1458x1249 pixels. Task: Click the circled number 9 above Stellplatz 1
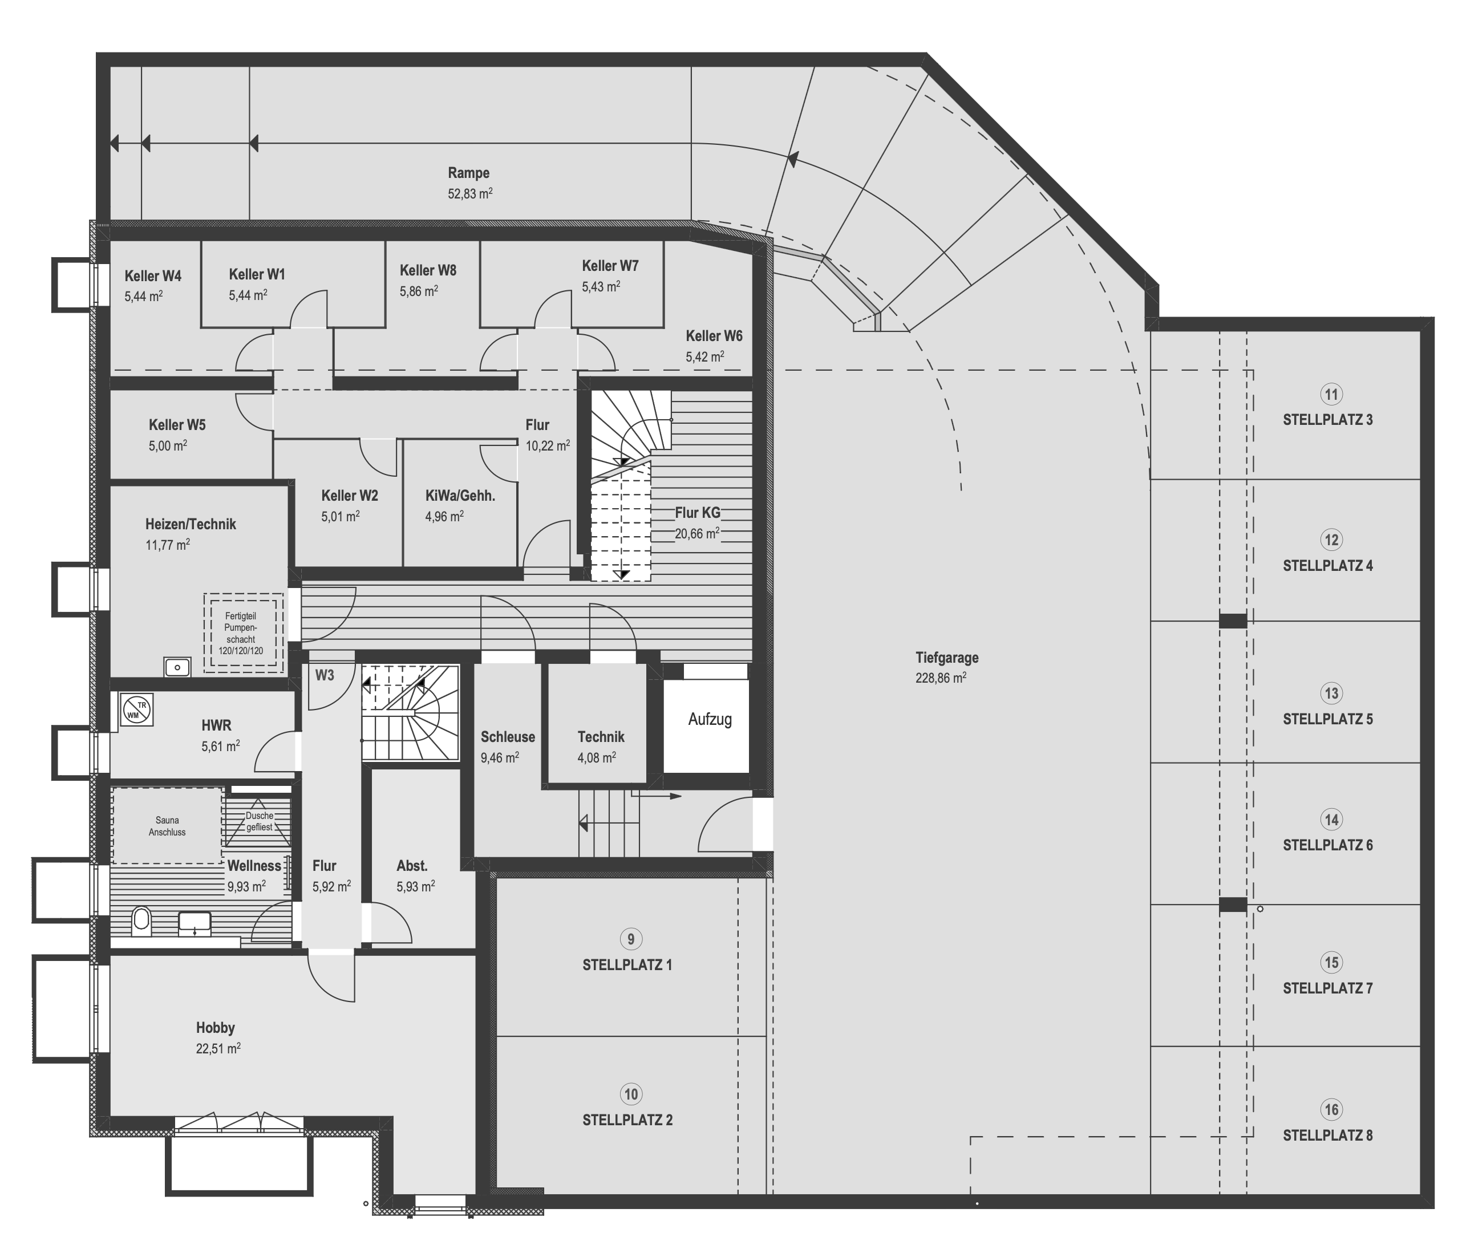(x=630, y=939)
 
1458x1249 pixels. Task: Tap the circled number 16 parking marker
(x=1331, y=1110)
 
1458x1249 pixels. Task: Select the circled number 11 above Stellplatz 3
(x=1331, y=394)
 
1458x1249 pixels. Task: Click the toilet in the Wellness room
(x=141, y=921)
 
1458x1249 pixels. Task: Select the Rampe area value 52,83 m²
(x=470, y=193)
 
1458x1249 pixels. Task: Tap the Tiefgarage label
(x=946, y=658)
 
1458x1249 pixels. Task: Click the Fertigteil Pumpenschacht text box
(x=241, y=633)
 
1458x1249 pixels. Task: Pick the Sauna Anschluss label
(x=168, y=826)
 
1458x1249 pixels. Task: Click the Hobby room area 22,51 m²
(x=218, y=1048)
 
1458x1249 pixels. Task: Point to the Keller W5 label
(x=177, y=425)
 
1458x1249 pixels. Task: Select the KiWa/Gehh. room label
(x=460, y=496)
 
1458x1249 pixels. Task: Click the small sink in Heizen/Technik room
(x=177, y=666)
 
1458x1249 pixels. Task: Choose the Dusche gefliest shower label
(x=259, y=821)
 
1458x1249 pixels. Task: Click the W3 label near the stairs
(x=325, y=675)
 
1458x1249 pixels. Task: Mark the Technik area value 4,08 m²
(x=597, y=758)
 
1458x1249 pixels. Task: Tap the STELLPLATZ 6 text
(x=1327, y=845)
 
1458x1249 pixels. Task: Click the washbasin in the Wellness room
(x=195, y=923)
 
